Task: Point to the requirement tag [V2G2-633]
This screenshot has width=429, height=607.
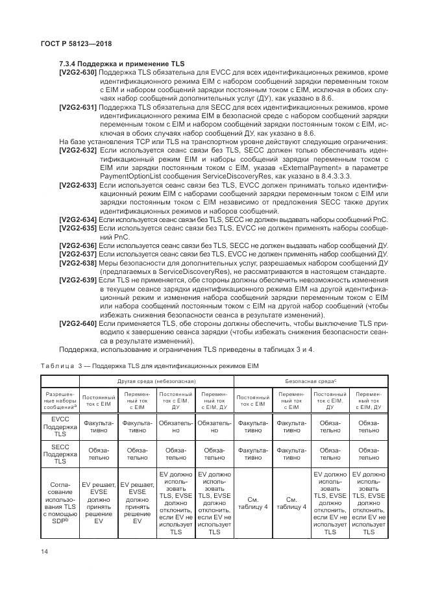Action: (78, 185)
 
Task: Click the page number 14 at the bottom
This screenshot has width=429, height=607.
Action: (44, 551)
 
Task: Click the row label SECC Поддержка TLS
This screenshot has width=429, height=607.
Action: (60, 453)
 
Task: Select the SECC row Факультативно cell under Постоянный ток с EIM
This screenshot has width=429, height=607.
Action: (253, 453)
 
